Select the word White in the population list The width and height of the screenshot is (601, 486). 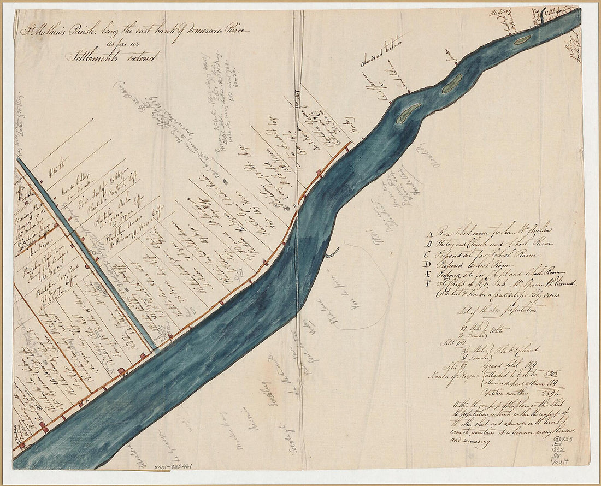pyautogui.click(x=500, y=329)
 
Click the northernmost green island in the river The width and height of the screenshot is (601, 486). pyautogui.click(x=522, y=39)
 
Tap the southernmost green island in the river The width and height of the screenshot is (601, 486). pyautogui.click(x=408, y=113)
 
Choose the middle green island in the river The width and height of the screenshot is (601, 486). pyautogui.click(x=452, y=84)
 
